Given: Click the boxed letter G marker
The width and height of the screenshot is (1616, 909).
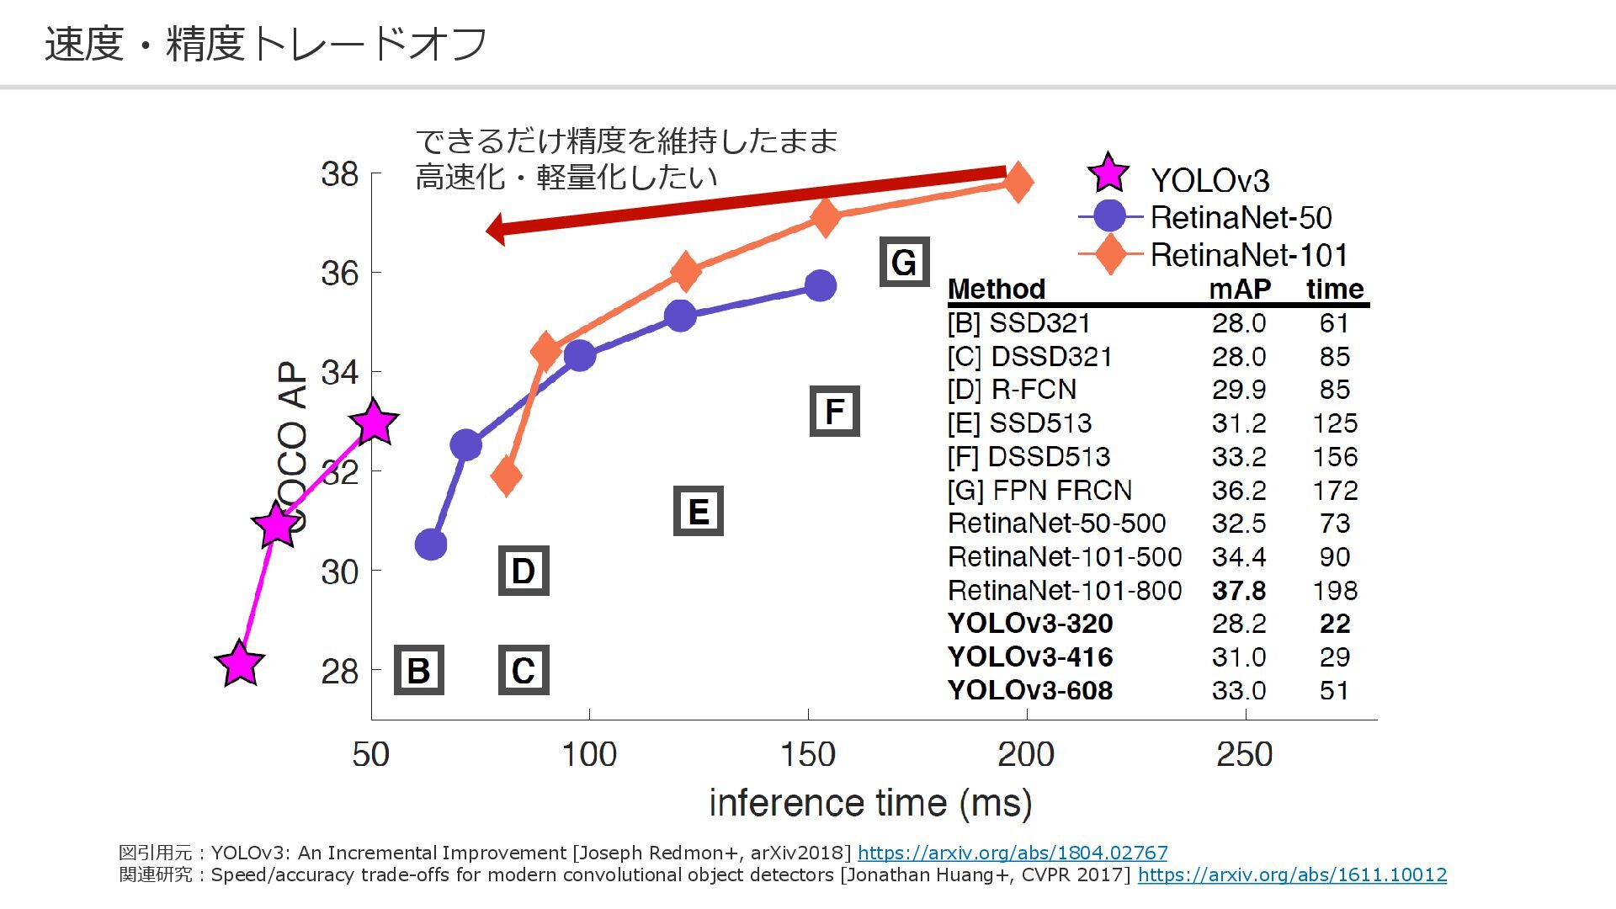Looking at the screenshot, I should point(904,262).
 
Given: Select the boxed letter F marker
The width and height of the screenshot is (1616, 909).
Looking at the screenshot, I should point(834,411).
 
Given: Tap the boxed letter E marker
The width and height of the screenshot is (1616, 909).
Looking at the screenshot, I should point(698,511).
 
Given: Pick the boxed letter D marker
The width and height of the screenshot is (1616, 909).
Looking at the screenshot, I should point(523,571).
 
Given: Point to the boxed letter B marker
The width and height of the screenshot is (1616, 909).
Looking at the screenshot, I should point(418,670).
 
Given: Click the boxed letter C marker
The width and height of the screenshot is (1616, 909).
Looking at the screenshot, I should point(523,670).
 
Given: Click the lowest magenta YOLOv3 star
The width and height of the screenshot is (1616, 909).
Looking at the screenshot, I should point(240,663).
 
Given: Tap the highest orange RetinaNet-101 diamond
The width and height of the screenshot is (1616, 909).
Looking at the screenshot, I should point(1018,182).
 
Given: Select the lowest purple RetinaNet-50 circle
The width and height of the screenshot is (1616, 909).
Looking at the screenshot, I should point(431,545).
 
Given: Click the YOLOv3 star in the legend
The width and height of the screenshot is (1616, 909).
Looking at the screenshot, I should point(1108,173).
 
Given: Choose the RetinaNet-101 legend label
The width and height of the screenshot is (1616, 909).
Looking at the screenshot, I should point(1249,254).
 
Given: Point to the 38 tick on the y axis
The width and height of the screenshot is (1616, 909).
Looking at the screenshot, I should point(340,174).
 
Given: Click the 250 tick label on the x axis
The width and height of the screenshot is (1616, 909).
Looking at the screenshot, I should point(1244,754).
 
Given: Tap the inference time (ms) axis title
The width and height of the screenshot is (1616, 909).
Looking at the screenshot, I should point(870,803).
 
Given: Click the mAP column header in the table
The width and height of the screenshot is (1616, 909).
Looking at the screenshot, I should point(1239,289).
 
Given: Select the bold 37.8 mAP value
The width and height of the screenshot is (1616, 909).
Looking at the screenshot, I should point(1239,590).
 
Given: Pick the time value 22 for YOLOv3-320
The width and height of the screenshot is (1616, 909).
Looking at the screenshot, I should point(1335,624).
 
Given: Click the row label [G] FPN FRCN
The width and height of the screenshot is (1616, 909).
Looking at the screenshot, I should point(1039,490).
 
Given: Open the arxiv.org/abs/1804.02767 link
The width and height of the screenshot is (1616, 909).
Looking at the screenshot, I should point(1013,853).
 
